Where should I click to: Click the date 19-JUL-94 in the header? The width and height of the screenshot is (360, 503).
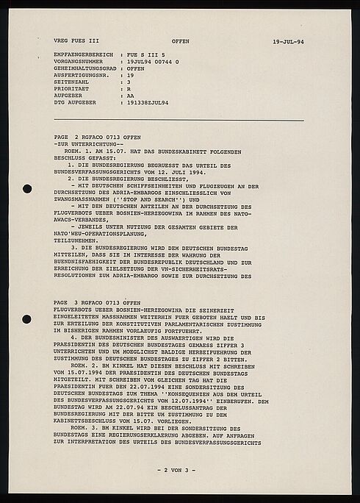pyautogui.click(x=287, y=42)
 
